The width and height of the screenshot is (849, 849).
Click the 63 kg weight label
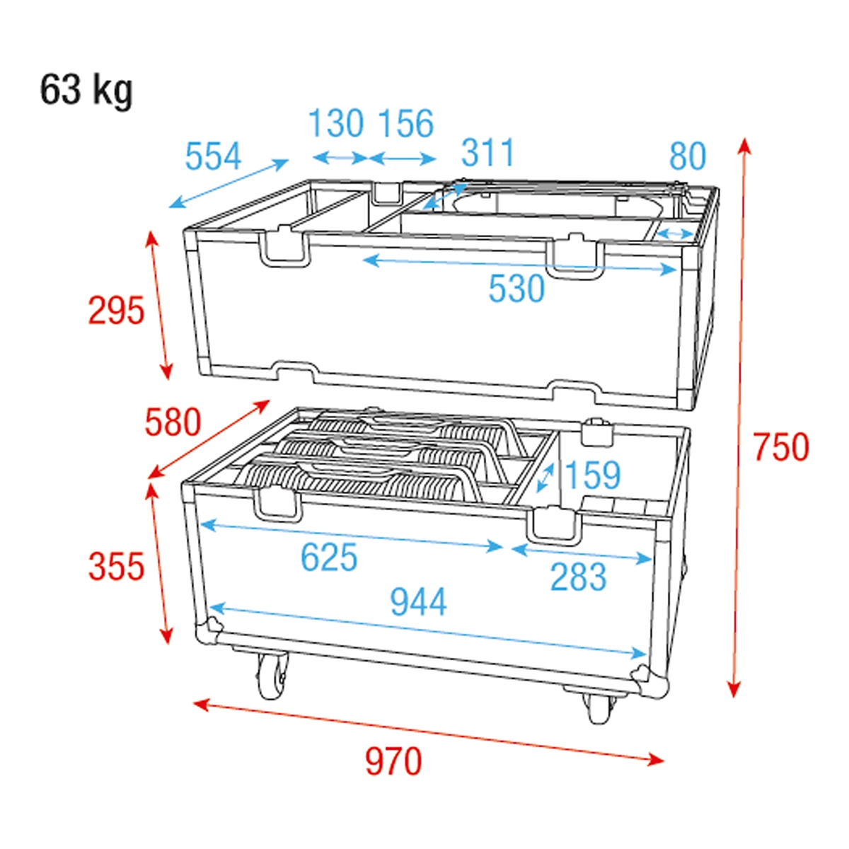(x=86, y=90)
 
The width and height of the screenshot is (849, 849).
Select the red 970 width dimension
(x=393, y=761)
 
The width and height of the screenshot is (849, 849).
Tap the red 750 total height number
(x=780, y=447)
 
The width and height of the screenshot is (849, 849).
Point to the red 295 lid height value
(x=116, y=311)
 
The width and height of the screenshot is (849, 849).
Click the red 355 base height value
(x=116, y=567)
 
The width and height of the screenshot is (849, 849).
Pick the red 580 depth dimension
(x=173, y=422)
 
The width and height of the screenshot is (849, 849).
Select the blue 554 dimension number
(x=213, y=156)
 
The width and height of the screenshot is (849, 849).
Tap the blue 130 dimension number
(x=336, y=124)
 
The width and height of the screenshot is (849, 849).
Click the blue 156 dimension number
(x=405, y=124)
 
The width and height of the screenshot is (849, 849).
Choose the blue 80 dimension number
(x=687, y=156)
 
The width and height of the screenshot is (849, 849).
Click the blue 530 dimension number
(x=516, y=289)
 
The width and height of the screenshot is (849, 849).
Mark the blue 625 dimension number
(x=329, y=558)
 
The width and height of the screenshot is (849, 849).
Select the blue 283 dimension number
(x=578, y=577)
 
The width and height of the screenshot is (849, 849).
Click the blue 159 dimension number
(x=593, y=475)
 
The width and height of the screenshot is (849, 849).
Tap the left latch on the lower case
(x=277, y=503)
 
